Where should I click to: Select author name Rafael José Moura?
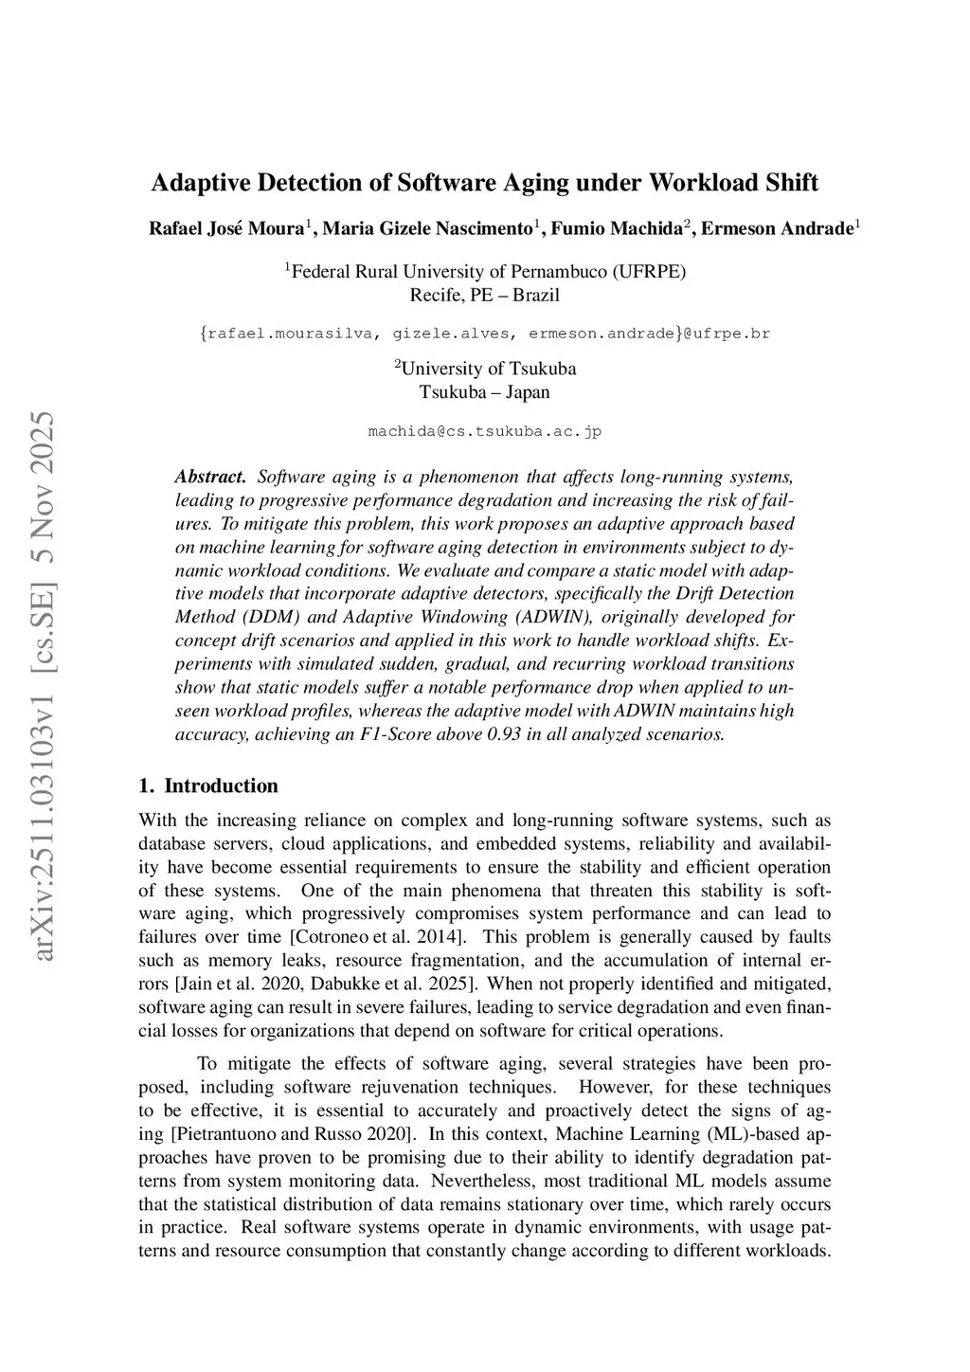(226, 229)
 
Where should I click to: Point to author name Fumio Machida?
(617, 229)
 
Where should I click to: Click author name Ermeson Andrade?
(777, 229)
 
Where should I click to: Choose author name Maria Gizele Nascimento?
(428, 229)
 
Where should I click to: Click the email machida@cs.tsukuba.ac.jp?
(484, 431)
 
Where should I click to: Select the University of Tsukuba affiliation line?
(485, 369)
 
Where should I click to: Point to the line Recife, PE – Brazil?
(484, 295)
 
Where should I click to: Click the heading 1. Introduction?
(208, 785)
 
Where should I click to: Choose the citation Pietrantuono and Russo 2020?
(293, 1134)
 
